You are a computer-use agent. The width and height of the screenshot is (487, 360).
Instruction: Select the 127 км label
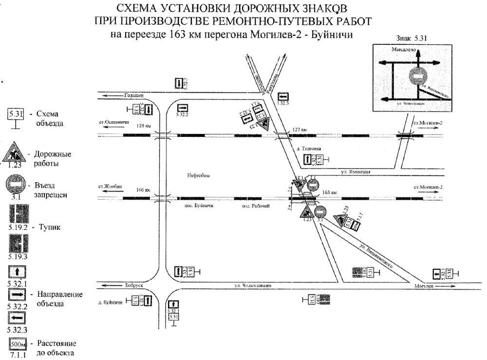(x=300, y=130)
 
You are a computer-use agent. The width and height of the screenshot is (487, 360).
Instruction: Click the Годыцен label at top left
(x=134, y=95)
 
